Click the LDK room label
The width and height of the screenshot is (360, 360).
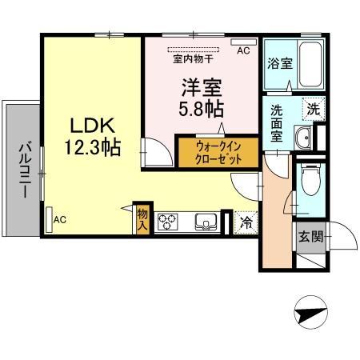92,126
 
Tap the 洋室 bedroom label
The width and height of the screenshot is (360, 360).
202,88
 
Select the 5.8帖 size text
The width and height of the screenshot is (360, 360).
201,109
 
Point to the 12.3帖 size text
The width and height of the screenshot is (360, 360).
93,147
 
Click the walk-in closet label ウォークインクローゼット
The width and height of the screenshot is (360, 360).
218,153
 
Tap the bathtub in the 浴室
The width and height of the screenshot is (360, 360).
310,65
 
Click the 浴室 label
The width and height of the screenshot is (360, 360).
280,63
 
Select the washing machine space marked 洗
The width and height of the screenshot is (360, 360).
314,109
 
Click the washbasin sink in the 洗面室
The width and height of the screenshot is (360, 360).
302,137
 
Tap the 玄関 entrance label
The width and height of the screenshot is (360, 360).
311,237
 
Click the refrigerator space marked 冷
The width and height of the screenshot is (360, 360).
246,223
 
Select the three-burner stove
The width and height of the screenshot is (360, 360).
167,222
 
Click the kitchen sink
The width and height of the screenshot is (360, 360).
206,222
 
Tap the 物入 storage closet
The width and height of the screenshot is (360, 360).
142,219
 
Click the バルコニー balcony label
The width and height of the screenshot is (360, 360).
25,170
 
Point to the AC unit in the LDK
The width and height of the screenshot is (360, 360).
49,220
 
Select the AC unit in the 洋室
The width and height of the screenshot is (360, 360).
243,42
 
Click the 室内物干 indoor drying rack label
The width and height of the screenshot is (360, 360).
193,59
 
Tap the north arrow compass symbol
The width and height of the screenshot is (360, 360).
310,312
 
